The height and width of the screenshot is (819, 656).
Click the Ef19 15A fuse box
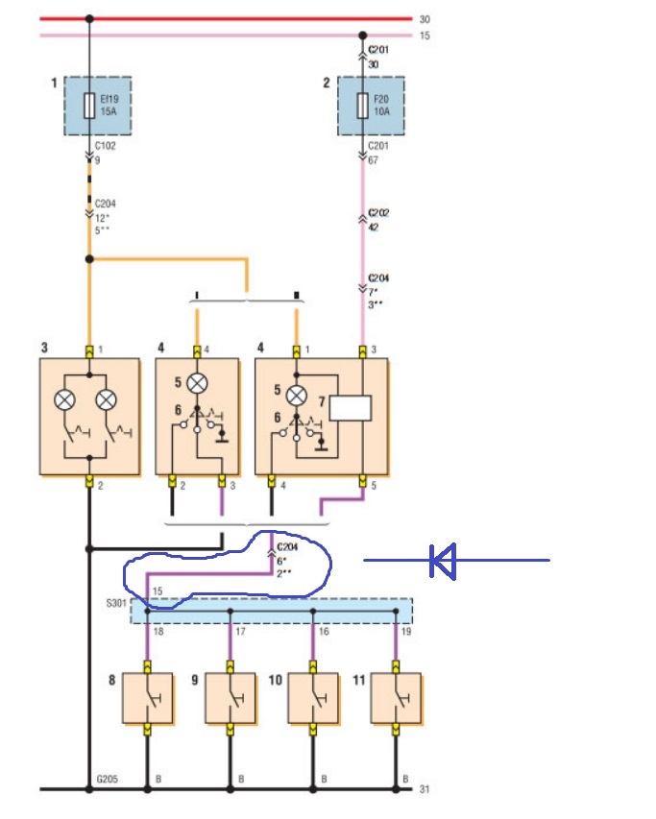tap(97, 106)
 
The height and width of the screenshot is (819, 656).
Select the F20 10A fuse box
tap(370, 106)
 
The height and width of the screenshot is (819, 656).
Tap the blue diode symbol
tap(443, 561)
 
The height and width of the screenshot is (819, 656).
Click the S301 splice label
tap(115, 605)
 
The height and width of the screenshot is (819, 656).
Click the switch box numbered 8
tap(147, 698)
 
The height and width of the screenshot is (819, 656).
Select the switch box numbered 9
tap(231, 698)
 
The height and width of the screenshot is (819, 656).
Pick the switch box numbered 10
tap(313, 698)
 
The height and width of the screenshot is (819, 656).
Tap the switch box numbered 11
tap(396, 698)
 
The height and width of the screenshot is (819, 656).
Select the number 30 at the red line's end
tap(425, 18)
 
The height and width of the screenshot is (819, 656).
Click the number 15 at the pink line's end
tap(425, 36)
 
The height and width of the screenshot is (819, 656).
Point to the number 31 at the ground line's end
tap(425, 789)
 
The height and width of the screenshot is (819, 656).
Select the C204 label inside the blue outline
tap(287, 547)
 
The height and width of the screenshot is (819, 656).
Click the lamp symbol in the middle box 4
tap(197, 382)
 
